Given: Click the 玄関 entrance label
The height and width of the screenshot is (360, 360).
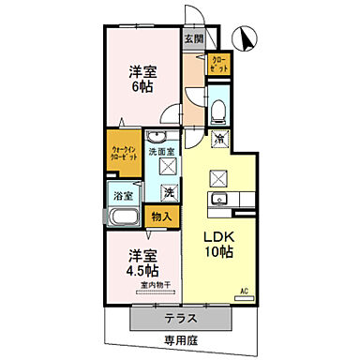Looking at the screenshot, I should click(x=192, y=38).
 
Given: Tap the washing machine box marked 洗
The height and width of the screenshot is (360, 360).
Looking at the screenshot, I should click(x=169, y=192).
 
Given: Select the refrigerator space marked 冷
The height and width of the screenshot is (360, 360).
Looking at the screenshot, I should click(x=218, y=140).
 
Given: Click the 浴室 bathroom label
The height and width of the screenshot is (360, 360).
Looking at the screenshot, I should click(x=123, y=195).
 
